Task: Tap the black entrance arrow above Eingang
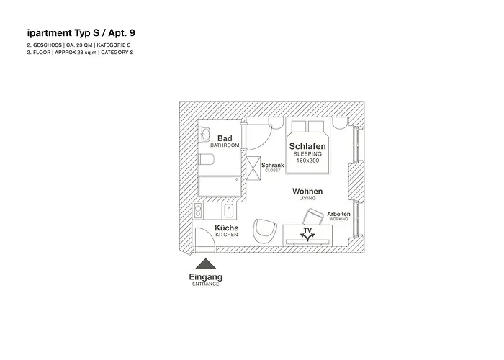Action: [x=205, y=264]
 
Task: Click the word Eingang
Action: [x=205, y=276]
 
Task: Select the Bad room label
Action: [x=224, y=138]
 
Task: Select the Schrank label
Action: [x=273, y=165]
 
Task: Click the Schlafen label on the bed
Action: [x=307, y=146]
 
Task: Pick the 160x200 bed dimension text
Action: [x=307, y=161]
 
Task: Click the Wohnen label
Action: [x=307, y=192]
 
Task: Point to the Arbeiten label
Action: [x=338, y=214]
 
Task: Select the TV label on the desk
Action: [x=308, y=231]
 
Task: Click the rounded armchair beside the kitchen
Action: [x=265, y=230]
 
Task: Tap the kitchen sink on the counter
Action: [x=228, y=212]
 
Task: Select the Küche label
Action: [x=226, y=228]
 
